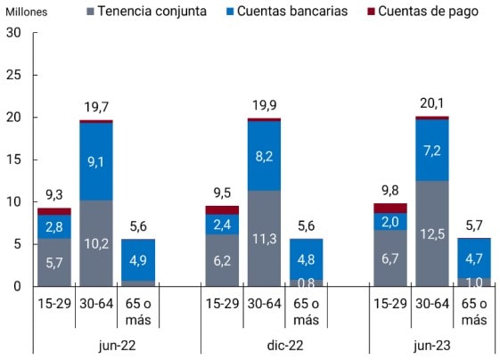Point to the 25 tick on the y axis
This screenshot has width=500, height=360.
coord(12,75)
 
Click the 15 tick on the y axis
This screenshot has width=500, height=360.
coord(12,160)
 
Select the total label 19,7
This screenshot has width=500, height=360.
coord(95,108)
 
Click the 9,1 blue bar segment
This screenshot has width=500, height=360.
coord(95,161)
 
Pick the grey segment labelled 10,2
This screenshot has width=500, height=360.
coord(95,243)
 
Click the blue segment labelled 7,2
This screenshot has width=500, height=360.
coord(431,150)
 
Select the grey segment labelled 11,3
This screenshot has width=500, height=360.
coord(264,238)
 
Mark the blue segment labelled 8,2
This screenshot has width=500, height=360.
coord(264,155)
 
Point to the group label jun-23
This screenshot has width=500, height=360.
coord(432,342)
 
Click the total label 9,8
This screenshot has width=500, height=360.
coord(389,191)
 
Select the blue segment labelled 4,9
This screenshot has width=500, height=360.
coord(138,259)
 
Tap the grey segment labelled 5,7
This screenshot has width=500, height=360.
coord(53,262)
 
